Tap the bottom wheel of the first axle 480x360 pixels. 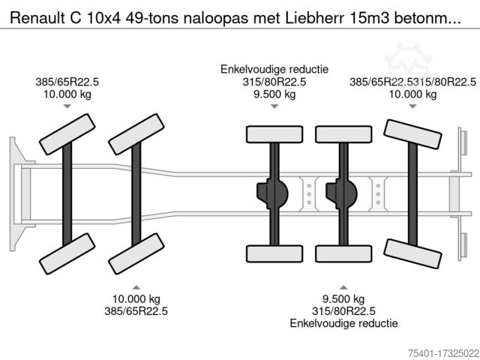pos(67,253)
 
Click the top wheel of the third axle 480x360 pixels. pos(274,134)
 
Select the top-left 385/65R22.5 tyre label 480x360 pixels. pos(66,82)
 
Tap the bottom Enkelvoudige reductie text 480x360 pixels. pos(343,323)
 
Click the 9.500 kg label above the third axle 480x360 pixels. pos(274,94)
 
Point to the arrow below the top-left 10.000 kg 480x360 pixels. pos(67,107)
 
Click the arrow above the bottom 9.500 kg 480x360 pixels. pos(343,287)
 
